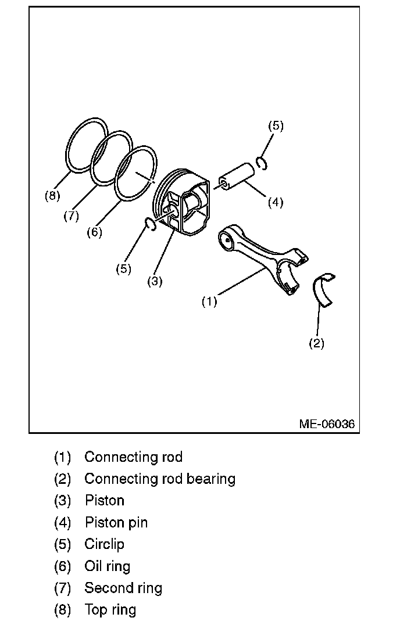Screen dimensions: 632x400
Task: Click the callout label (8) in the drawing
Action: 52,195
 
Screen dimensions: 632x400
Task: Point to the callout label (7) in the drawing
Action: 71,216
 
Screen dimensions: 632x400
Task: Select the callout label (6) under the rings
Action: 94,232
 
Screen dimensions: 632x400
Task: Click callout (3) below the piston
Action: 155,281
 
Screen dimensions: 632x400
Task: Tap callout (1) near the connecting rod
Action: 209,301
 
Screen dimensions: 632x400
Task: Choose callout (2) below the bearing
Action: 316,343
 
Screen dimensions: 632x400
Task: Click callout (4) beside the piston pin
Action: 276,202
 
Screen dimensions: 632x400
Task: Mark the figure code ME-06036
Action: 327,423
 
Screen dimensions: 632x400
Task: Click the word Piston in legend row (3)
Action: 105,501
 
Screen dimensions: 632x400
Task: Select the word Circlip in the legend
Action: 105,544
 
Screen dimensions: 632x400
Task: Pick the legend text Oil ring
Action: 108,566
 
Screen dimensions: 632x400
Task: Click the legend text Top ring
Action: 110,610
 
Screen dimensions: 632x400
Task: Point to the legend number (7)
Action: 62,588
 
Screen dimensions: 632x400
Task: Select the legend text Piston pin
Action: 116,523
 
